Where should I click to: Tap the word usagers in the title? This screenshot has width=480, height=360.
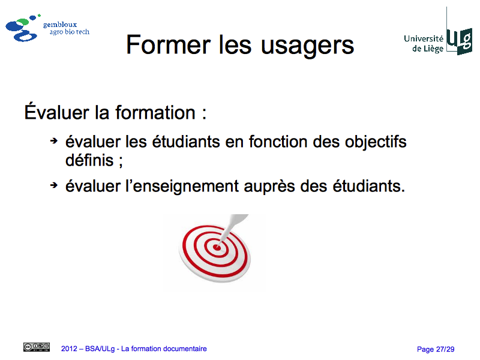point(307,47)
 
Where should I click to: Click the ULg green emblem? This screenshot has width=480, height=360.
point(459,41)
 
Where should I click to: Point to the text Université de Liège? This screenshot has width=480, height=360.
point(424,43)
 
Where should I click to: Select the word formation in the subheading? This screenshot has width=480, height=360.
point(155,112)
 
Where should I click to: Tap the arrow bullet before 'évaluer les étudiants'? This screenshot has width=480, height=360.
point(54,141)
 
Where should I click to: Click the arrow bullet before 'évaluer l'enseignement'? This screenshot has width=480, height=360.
point(54,185)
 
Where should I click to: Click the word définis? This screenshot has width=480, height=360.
point(89,160)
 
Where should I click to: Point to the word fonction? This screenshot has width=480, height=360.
point(278,142)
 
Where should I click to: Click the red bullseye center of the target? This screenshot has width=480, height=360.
point(217,247)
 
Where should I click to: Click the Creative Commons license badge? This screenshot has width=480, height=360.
point(37,347)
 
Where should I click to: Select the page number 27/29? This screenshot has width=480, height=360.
point(445,349)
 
